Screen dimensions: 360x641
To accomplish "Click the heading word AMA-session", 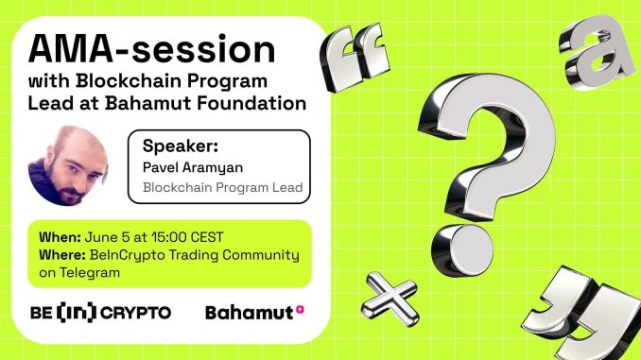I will pyautogui.click(x=150, y=48).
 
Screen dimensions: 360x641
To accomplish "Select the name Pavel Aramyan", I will pyautogui.click(x=189, y=167).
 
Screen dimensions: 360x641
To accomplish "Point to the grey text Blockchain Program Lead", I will pyautogui.click(x=222, y=187).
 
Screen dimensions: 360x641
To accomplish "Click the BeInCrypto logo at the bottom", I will pyautogui.click(x=100, y=312).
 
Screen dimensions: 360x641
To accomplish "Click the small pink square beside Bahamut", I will pyautogui.click(x=300, y=308).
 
